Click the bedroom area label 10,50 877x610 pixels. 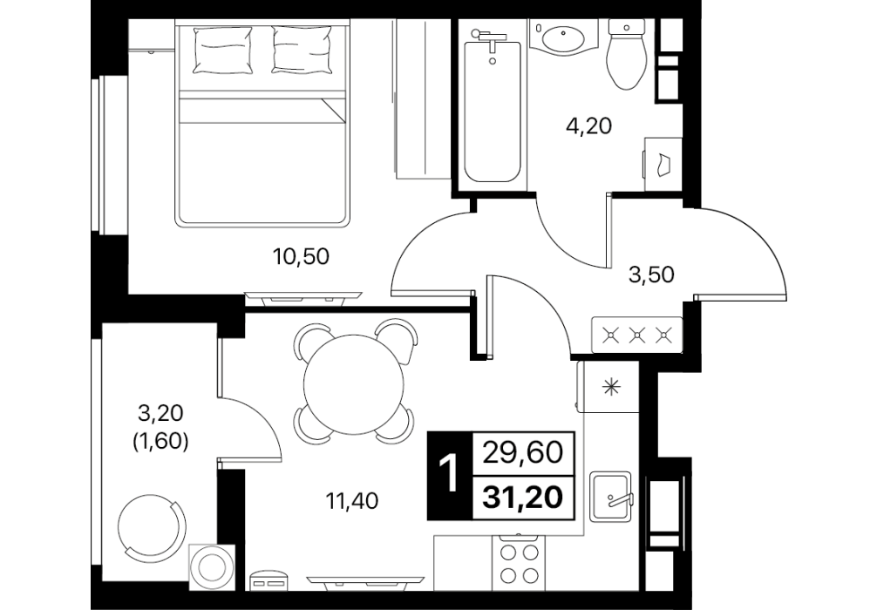[x=301, y=257]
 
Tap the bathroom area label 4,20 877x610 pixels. [x=589, y=126]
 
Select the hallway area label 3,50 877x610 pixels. [x=651, y=274]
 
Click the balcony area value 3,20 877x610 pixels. [x=160, y=414]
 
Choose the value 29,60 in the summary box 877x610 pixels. [x=523, y=452]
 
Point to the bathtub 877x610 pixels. [x=493, y=107]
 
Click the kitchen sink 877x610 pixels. [x=610, y=496]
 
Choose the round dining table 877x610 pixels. [x=353, y=383]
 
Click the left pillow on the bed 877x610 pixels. [x=222, y=50]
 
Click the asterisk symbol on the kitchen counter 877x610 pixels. [x=610, y=386]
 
